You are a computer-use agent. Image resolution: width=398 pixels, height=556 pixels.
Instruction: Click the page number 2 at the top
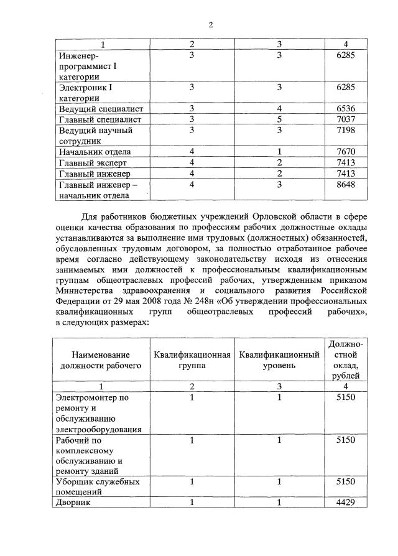210,25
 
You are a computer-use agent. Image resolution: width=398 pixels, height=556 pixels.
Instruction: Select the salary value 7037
345,119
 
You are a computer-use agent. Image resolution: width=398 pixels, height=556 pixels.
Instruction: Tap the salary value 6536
345,109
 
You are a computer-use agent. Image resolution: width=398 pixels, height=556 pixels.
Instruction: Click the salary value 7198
345,131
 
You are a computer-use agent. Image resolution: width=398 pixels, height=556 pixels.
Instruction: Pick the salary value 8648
345,185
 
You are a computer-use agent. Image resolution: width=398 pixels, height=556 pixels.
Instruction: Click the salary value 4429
345,503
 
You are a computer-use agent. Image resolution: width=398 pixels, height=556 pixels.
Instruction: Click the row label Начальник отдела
95,152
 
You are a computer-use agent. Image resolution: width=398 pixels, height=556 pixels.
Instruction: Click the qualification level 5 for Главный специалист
280,119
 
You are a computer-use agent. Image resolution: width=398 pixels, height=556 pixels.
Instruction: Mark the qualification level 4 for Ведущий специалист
280,109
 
